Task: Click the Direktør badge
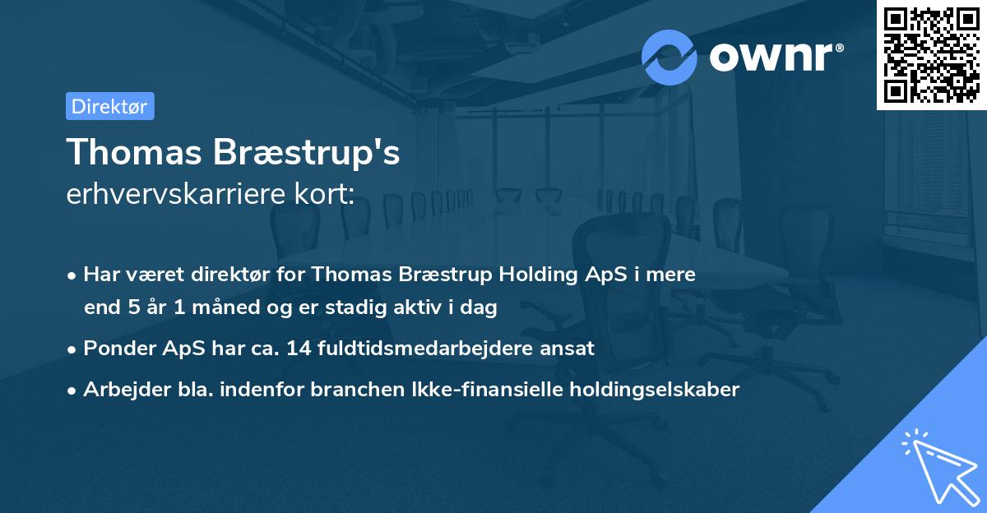coord(109,106)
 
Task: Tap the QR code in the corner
coord(932,54)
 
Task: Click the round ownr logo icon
coord(670,57)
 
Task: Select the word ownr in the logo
coord(770,57)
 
